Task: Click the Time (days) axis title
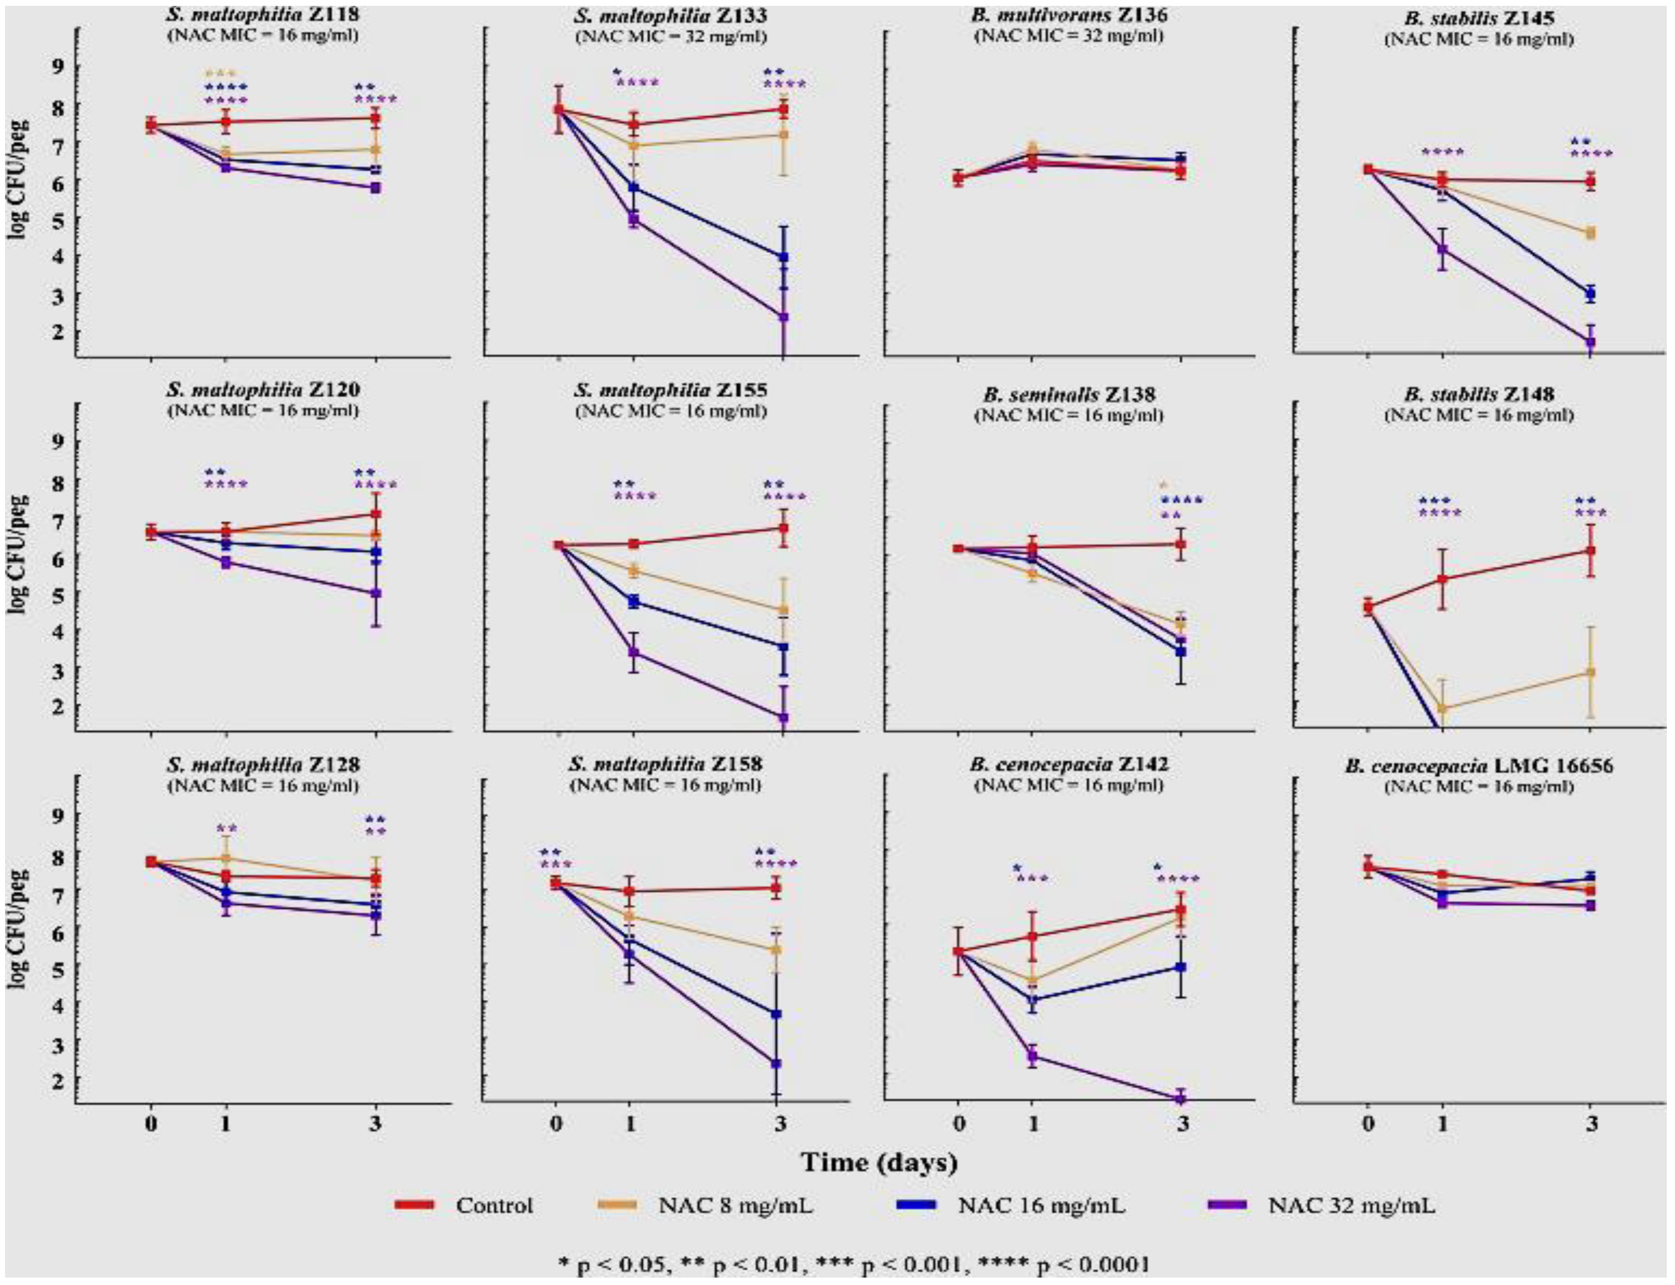point(879,1163)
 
